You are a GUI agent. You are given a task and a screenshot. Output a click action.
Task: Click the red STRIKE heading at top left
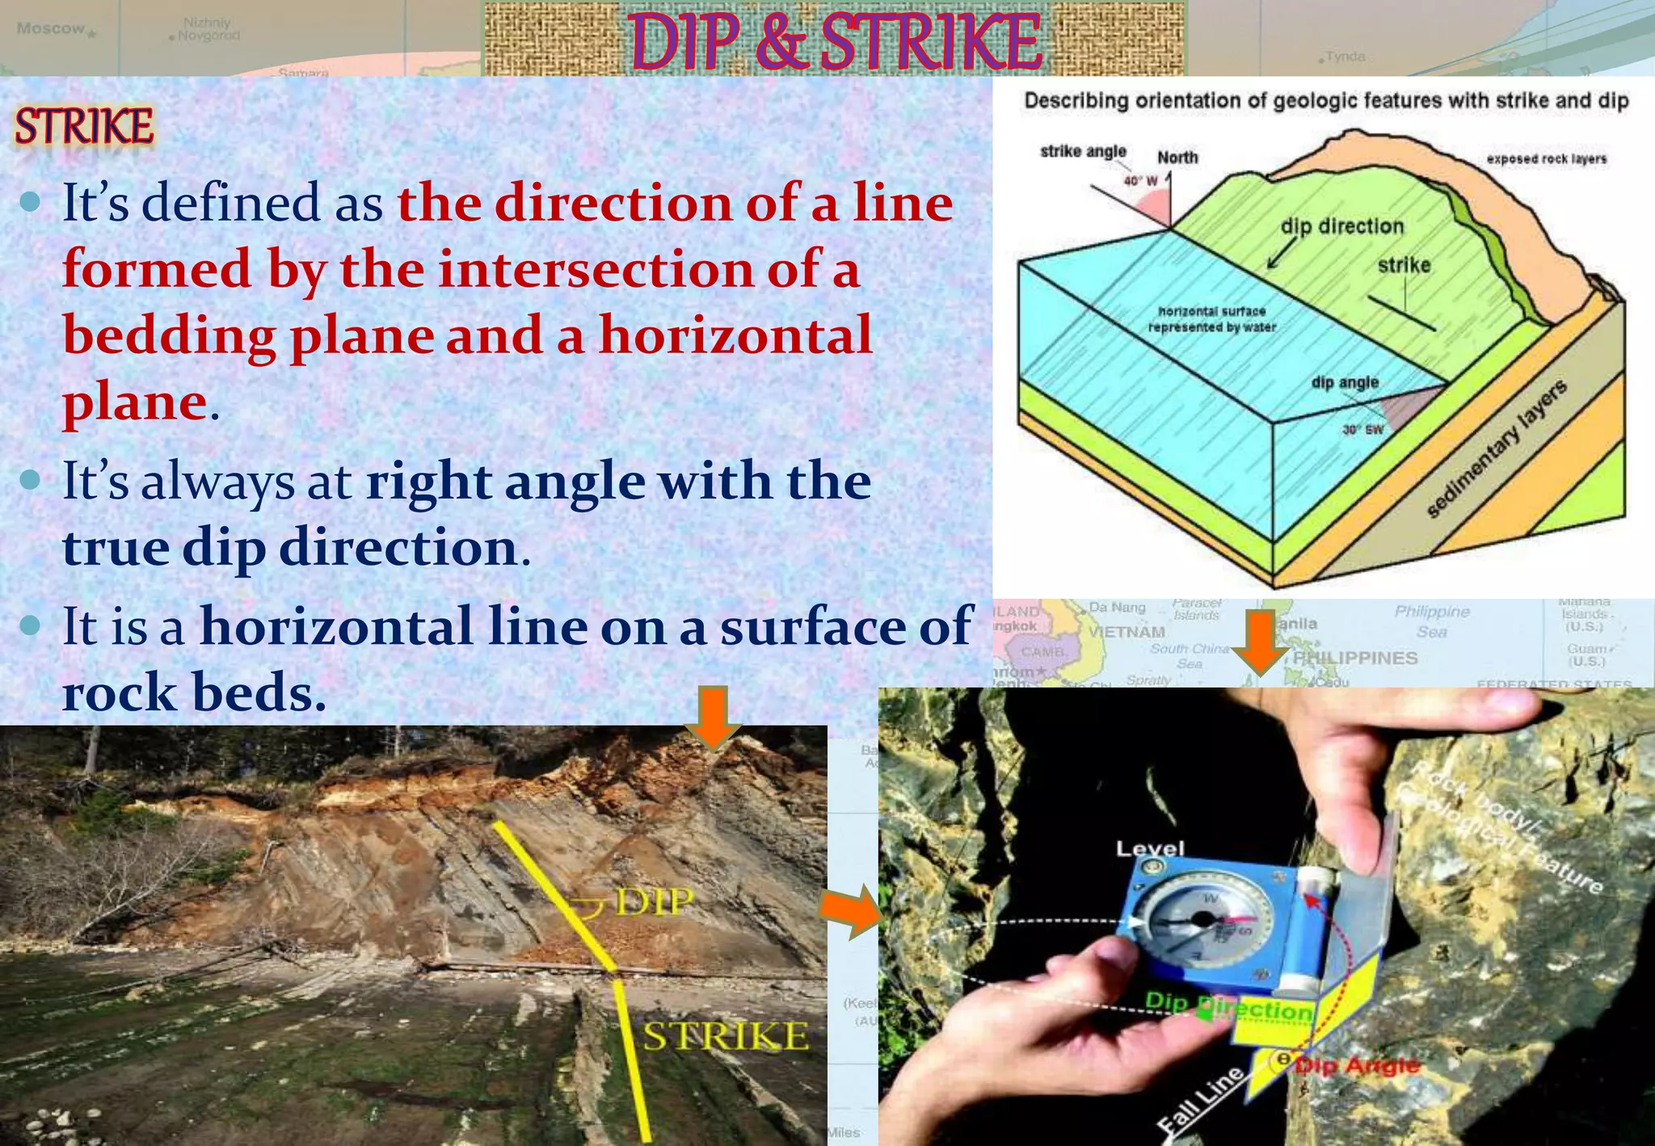(x=84, y=127)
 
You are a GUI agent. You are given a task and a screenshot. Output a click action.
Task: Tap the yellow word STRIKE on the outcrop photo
(x=725, y=1036)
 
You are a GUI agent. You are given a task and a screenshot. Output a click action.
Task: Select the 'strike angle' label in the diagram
(x=1083, y=151)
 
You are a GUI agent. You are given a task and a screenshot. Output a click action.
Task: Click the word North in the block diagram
(x=1177, y=158)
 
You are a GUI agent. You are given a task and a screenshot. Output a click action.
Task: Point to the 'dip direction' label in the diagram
(x=1342, y=226)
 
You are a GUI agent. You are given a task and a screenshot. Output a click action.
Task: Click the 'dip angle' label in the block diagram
(x=1345, y=381)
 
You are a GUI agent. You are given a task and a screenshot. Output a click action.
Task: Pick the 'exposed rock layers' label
(x=1547, y=159)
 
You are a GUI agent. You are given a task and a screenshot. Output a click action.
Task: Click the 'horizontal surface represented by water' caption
(x=1212, y=319)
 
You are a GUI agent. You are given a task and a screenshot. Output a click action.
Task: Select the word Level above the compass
(x=1150, y=849)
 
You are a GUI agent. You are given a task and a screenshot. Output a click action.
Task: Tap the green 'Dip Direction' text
(x=1228, y=1007)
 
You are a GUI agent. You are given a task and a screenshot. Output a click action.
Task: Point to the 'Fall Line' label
(x=1199, y=1101)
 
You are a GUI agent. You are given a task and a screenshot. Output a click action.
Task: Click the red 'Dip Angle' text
(x=1358, y=1065)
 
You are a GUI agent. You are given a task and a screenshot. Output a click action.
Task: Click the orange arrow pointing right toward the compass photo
(x=850, y=911)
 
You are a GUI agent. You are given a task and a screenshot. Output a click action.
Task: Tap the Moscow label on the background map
(x=50, y=28)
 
